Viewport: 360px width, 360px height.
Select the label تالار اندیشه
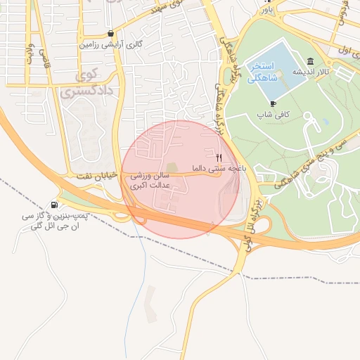click(311, 72)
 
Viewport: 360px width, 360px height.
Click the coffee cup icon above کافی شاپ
click(273, 103)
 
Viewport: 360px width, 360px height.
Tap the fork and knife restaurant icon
click(219, 157)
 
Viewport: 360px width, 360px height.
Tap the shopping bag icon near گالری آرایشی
click(111, 33)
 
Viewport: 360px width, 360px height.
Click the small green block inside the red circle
click(172, 167)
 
